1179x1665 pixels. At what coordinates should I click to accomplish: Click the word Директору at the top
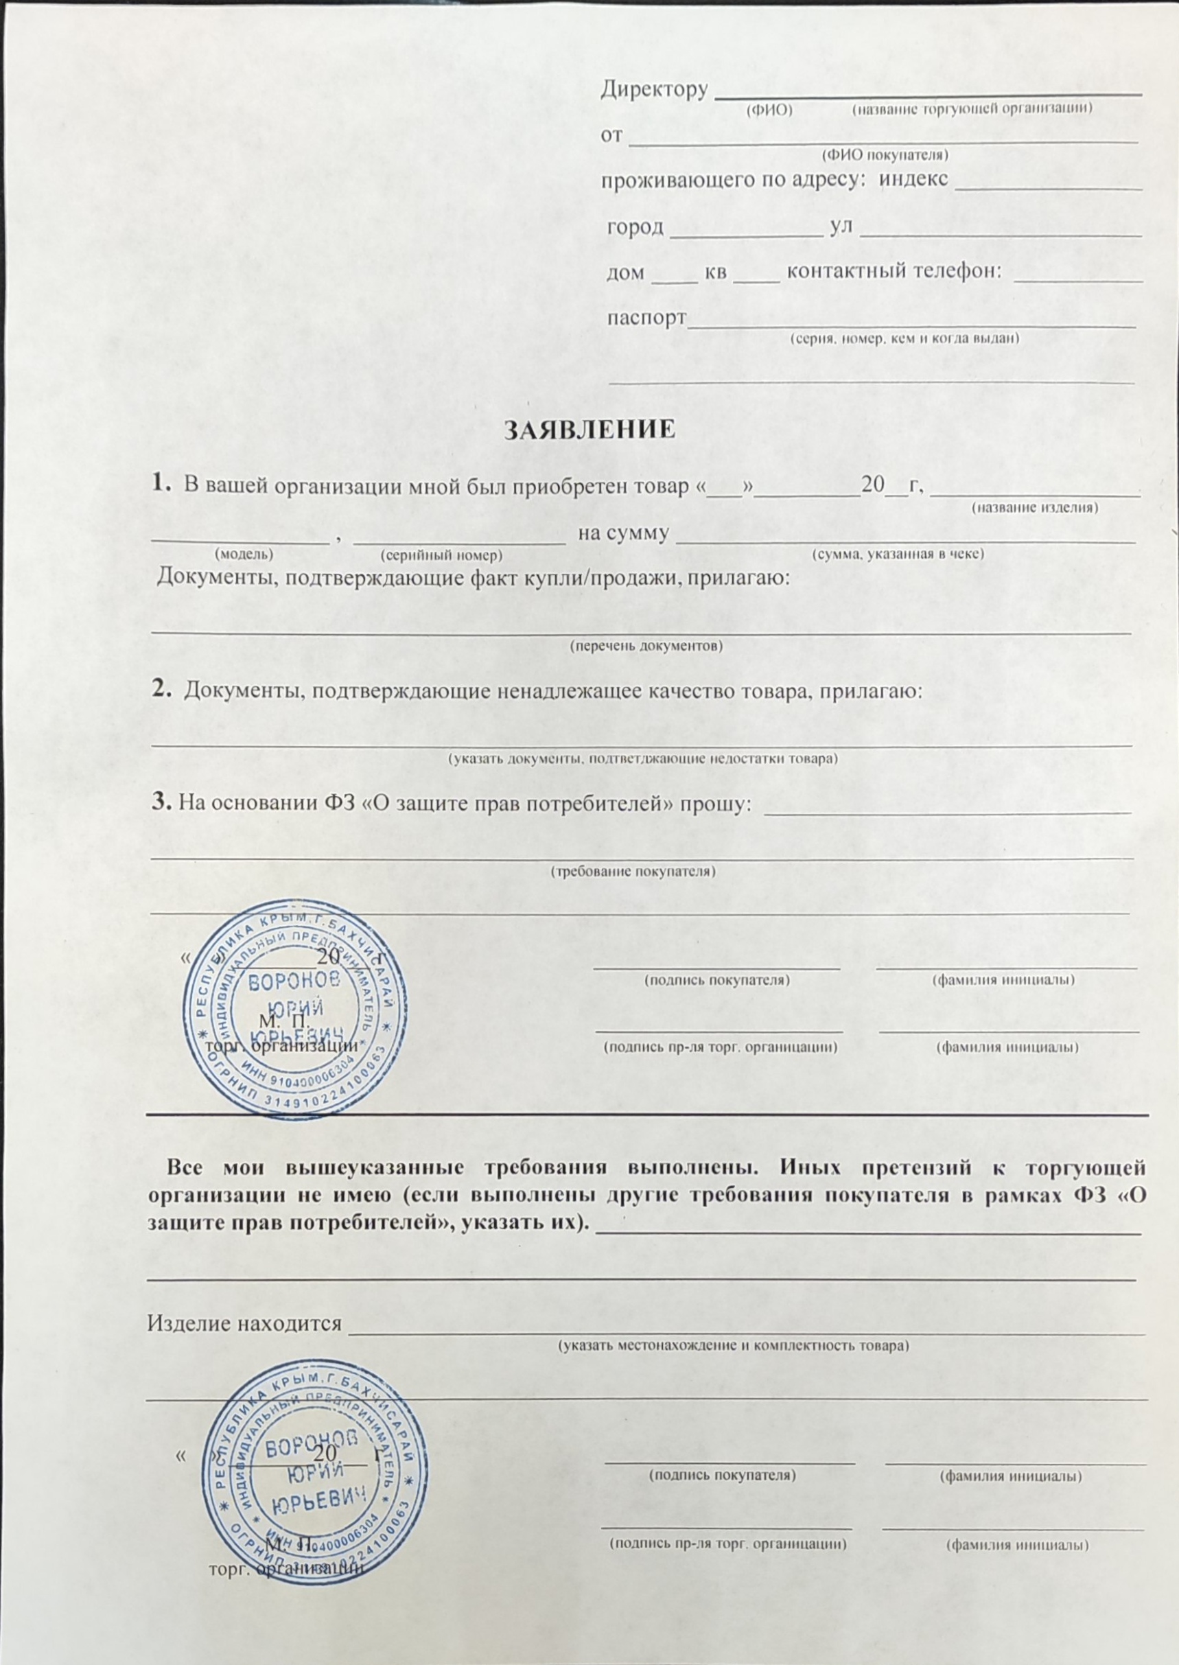pyautogui.click(x=654, y=89)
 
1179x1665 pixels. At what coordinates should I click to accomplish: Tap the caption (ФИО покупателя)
pyautogui.click(x=885, y=155)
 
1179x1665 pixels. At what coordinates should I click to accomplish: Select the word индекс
pyautogui.click(x=913, y=178)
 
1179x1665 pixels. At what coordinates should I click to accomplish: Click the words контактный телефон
pyautogui.click(x=894, y=272)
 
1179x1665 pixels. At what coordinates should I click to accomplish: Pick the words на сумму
pyautogui.click(x=622, y=534)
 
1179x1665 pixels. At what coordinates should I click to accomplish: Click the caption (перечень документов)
pyautogui.click(x=645, y=646)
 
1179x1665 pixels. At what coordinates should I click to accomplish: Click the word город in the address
pyautogui.click(x=635, y=228)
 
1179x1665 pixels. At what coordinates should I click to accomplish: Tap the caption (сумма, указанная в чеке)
pyautogui.click(x=898, y=554)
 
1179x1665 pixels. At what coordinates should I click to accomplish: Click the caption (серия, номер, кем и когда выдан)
pyautogui.click(x=904, y=338)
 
